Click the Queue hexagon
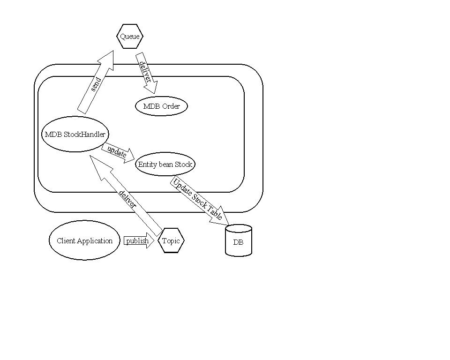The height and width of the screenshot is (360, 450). [129, 37]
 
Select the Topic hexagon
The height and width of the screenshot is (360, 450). [171, 241]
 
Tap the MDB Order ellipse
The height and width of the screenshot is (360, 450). [161, 106]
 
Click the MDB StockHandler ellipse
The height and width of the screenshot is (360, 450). [75, 135]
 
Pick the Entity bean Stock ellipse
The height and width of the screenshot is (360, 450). [165, 165]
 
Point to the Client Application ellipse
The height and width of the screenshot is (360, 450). [84, 241]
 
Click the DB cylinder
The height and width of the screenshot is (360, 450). [239, 241]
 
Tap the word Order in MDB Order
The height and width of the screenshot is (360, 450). [171, 106]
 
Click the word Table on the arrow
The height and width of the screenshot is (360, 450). [215, 213]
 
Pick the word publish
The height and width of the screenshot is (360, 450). [137, 241]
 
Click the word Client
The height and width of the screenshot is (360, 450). [66, 241]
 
